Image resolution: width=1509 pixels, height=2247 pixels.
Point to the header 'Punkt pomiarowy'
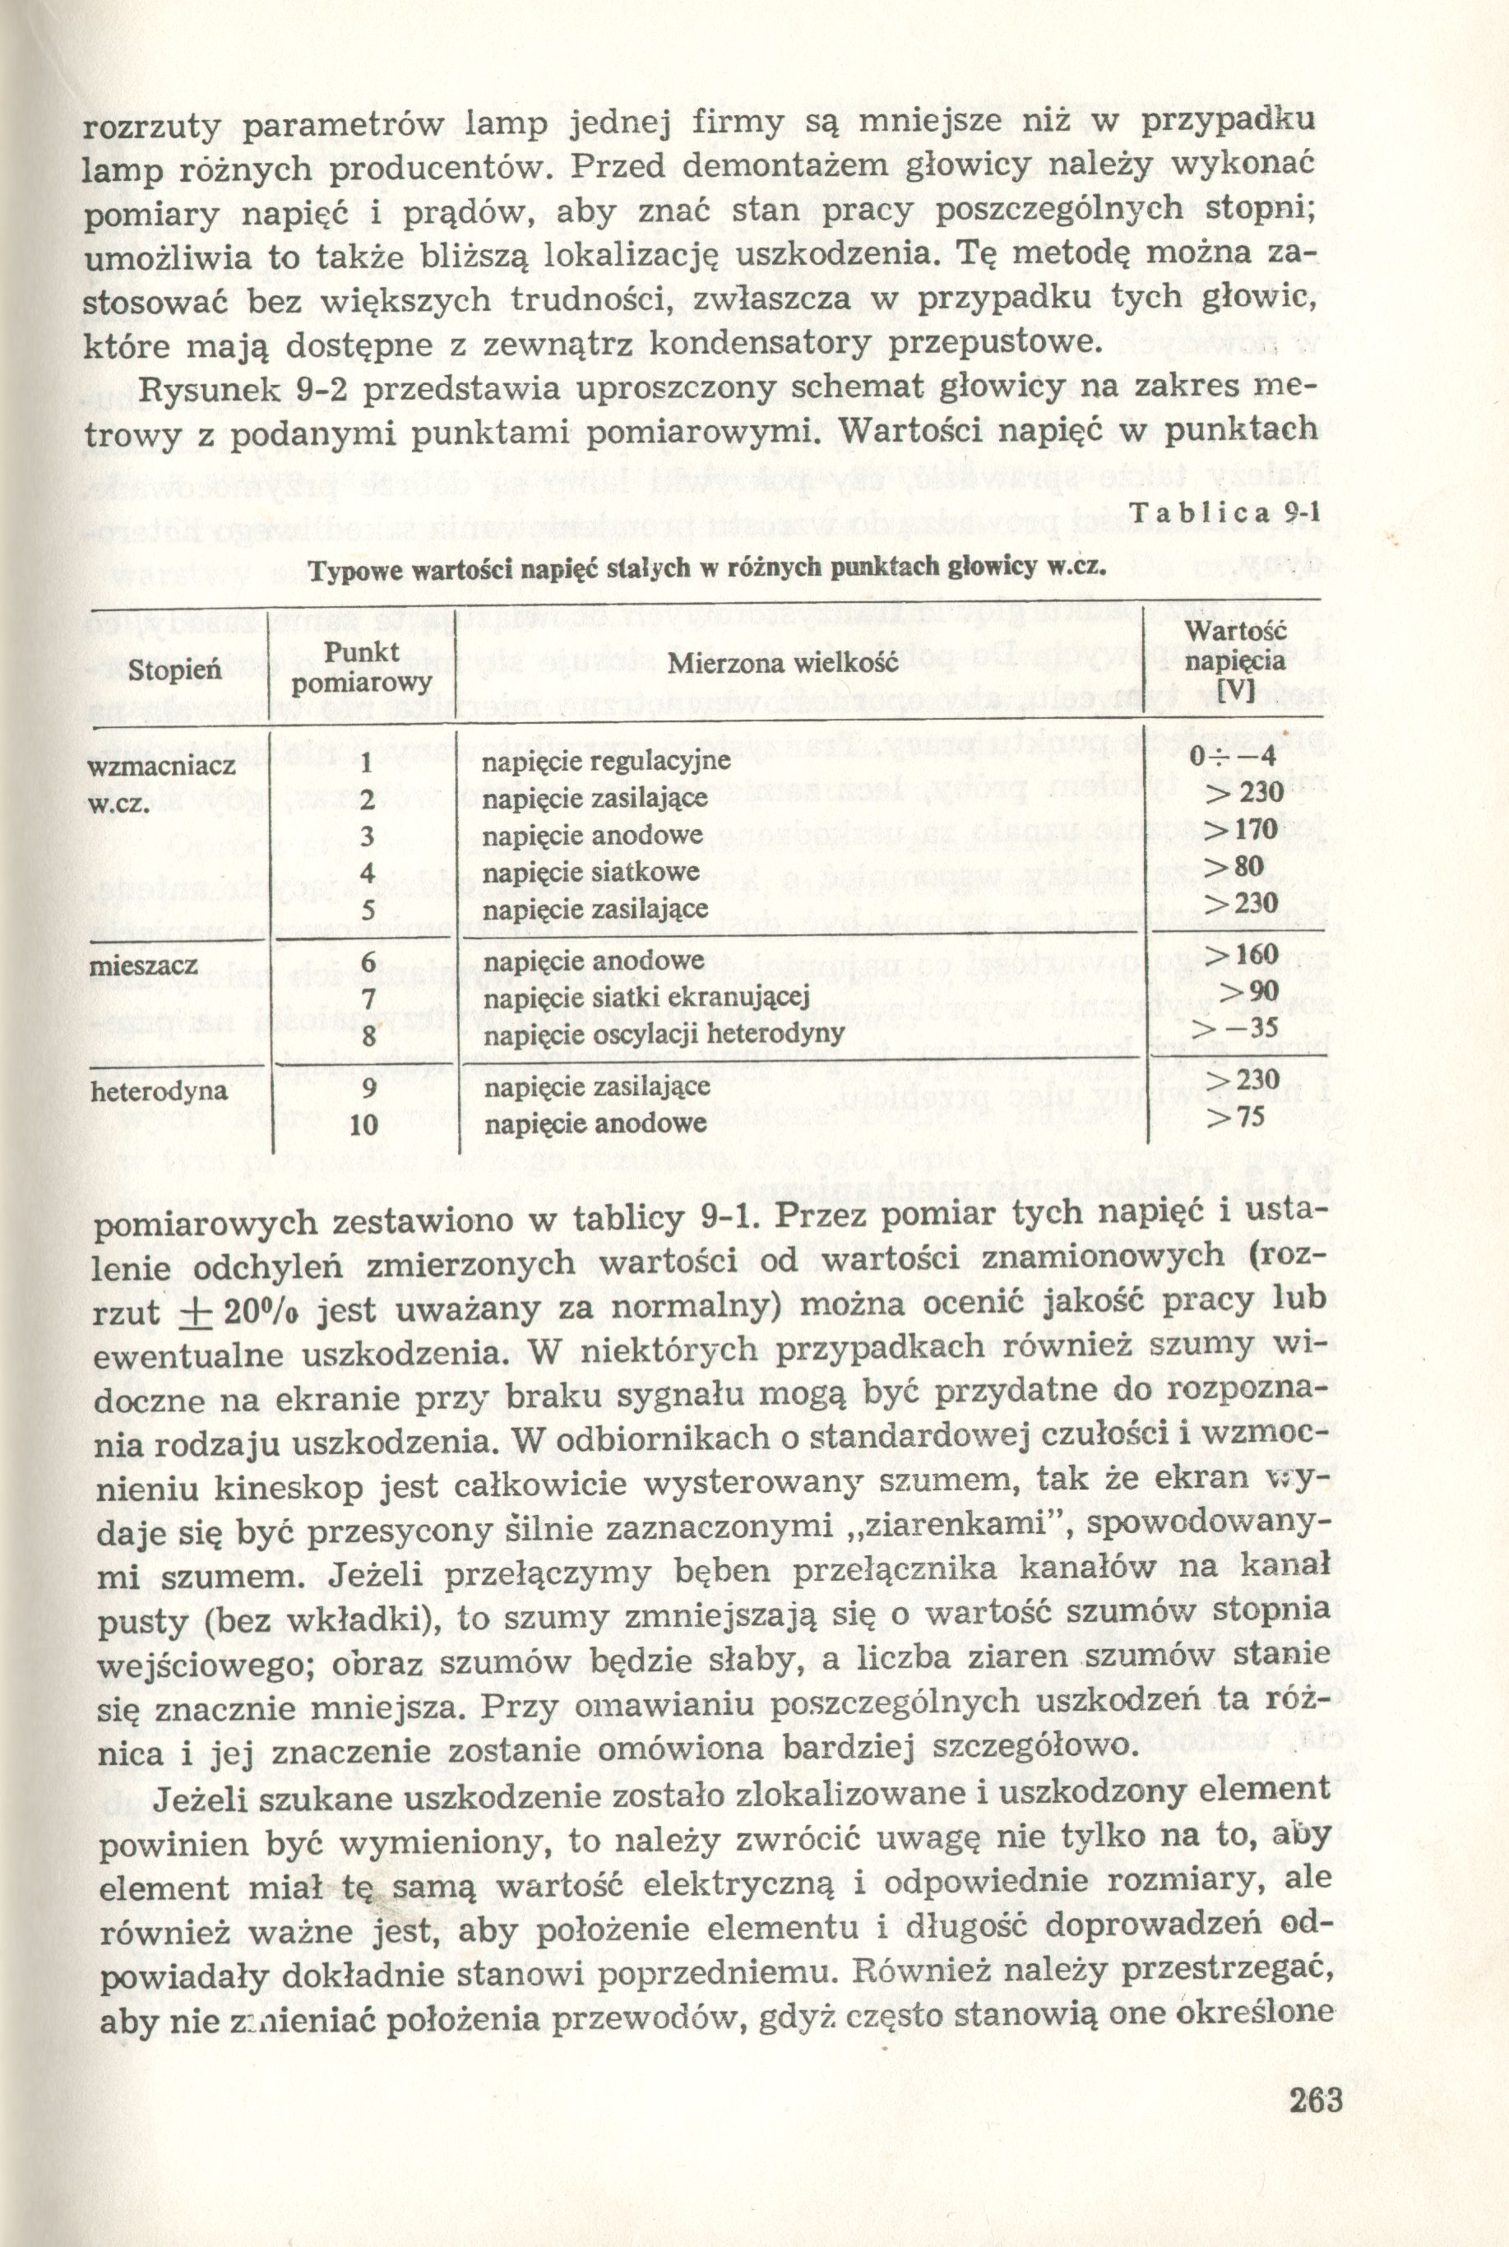pyautogui.click(x=361, y=668)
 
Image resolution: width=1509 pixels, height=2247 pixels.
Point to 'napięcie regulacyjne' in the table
pyautogui.click(x=606, y=762)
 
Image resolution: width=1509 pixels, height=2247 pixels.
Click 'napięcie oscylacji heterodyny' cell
pyautogui.click(x=663, y=1035)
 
